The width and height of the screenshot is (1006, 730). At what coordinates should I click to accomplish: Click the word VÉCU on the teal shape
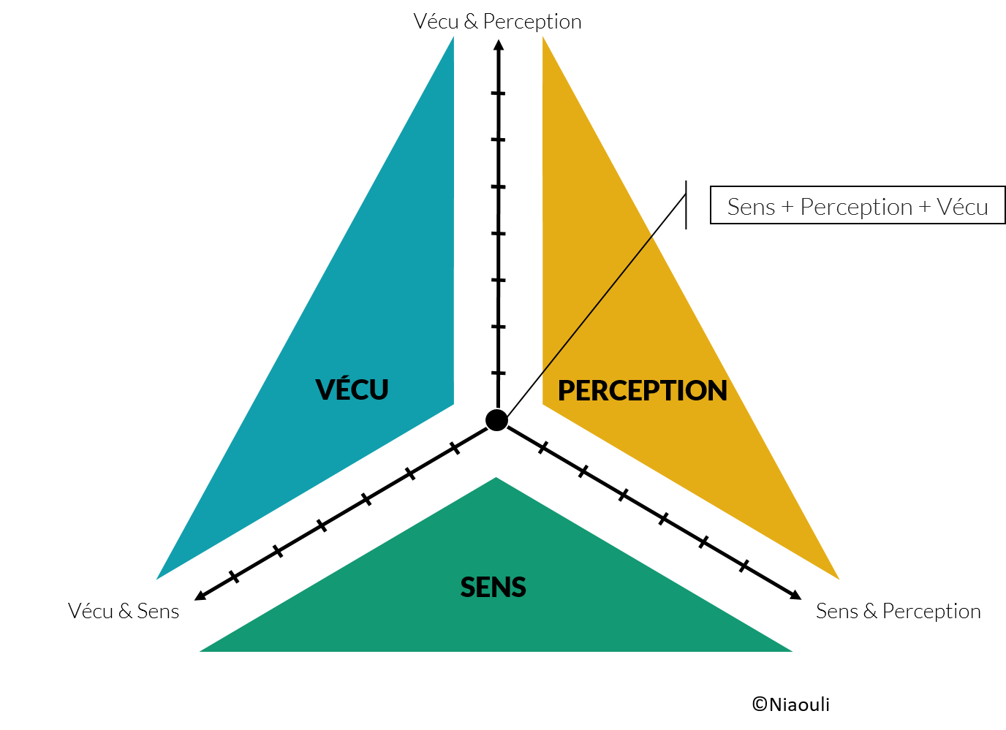click(352, 389)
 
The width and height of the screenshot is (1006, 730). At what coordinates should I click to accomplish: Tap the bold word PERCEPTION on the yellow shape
click(642, 390)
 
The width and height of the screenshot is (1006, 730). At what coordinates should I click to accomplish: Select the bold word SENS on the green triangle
click(493, 588)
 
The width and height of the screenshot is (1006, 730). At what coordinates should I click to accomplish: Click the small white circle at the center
click(496, 420)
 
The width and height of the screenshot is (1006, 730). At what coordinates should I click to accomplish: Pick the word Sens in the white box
click(751, 207)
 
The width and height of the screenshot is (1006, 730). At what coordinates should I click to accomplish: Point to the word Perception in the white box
click(855, 207)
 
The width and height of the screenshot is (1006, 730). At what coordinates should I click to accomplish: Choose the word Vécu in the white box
click(962, 207)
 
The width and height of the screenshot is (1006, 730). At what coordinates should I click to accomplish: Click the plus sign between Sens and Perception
click(787, 208)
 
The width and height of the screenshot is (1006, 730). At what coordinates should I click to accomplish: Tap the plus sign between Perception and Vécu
click(925, 208)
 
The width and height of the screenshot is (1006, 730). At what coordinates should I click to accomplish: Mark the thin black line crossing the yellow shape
click(597, 304)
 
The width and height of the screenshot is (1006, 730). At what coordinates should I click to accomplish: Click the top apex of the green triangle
click(496, 479)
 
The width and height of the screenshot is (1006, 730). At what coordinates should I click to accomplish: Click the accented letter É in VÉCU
click(343, 388)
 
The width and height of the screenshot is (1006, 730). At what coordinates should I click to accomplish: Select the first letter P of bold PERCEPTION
click(566, 391)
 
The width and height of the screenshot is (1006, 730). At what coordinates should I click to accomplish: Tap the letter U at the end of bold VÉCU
click(379, 390)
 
